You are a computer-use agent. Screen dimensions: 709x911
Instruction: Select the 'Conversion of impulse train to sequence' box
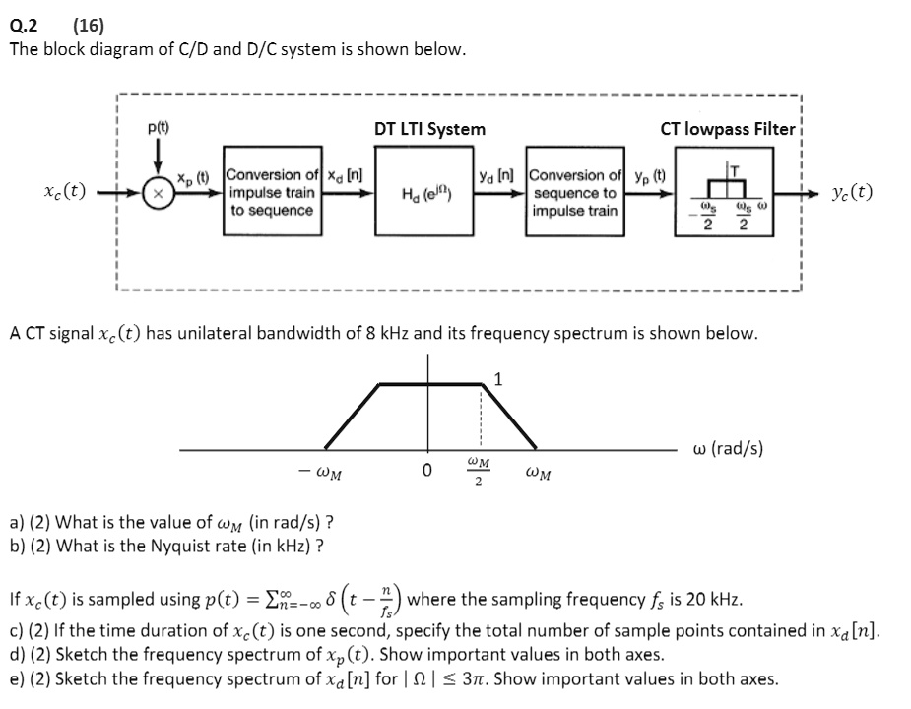coord(271,193)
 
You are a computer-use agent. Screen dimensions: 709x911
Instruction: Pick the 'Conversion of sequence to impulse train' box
coord(575,193)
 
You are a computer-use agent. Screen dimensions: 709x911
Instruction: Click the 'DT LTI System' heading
coord(429,128)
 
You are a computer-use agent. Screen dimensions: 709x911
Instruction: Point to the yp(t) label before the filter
coord(651,177)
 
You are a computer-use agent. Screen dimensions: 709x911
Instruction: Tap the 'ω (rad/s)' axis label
coord(727,448)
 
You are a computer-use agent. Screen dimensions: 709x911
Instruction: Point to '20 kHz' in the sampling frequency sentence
coord(714,598)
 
